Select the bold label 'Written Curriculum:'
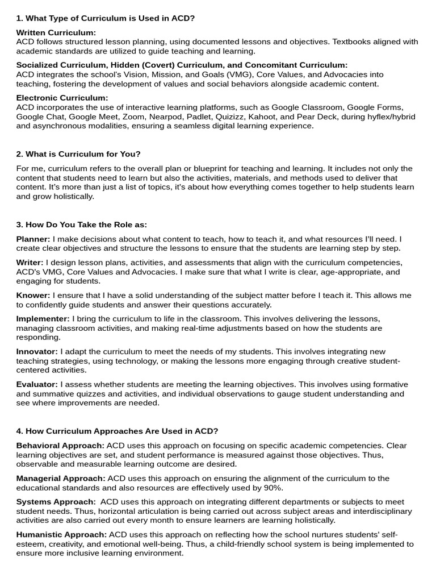[56, 32]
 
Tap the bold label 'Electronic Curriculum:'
[62, 98]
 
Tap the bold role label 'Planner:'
[33, 239]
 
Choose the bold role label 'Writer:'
[30, 262]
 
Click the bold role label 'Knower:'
[33, 295]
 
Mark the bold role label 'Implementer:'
[43, 318]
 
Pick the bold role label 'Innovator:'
[37, 351]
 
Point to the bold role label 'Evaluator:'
[37, 384]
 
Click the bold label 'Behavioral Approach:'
[60, 446]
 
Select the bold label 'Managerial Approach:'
[61, 478]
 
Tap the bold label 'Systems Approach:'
[56, 501]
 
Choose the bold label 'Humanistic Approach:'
[61, 534]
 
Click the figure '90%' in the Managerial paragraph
[273, 488]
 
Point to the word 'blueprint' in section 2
[209, 168]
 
